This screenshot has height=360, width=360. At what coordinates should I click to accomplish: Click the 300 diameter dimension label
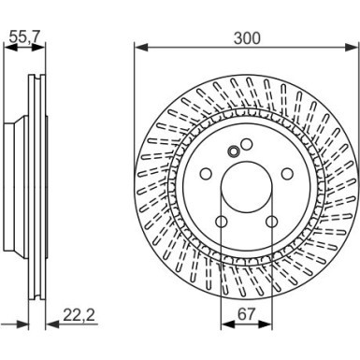(247, 38)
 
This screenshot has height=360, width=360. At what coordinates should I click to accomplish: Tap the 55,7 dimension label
(24, 37)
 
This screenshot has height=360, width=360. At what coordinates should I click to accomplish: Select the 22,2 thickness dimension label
(79, 315)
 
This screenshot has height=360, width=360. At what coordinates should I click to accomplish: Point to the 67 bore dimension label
(246, 314)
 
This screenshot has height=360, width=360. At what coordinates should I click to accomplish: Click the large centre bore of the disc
(246, 188)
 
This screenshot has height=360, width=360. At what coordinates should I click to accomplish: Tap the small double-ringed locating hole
(233, 151)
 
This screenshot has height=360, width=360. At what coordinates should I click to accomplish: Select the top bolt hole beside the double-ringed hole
(247, 144)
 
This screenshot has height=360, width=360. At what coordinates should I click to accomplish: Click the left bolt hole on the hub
(206, 174)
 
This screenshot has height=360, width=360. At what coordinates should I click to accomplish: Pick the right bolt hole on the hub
(287, 174)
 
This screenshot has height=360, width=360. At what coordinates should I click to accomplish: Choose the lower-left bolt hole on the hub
(221, 222)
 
